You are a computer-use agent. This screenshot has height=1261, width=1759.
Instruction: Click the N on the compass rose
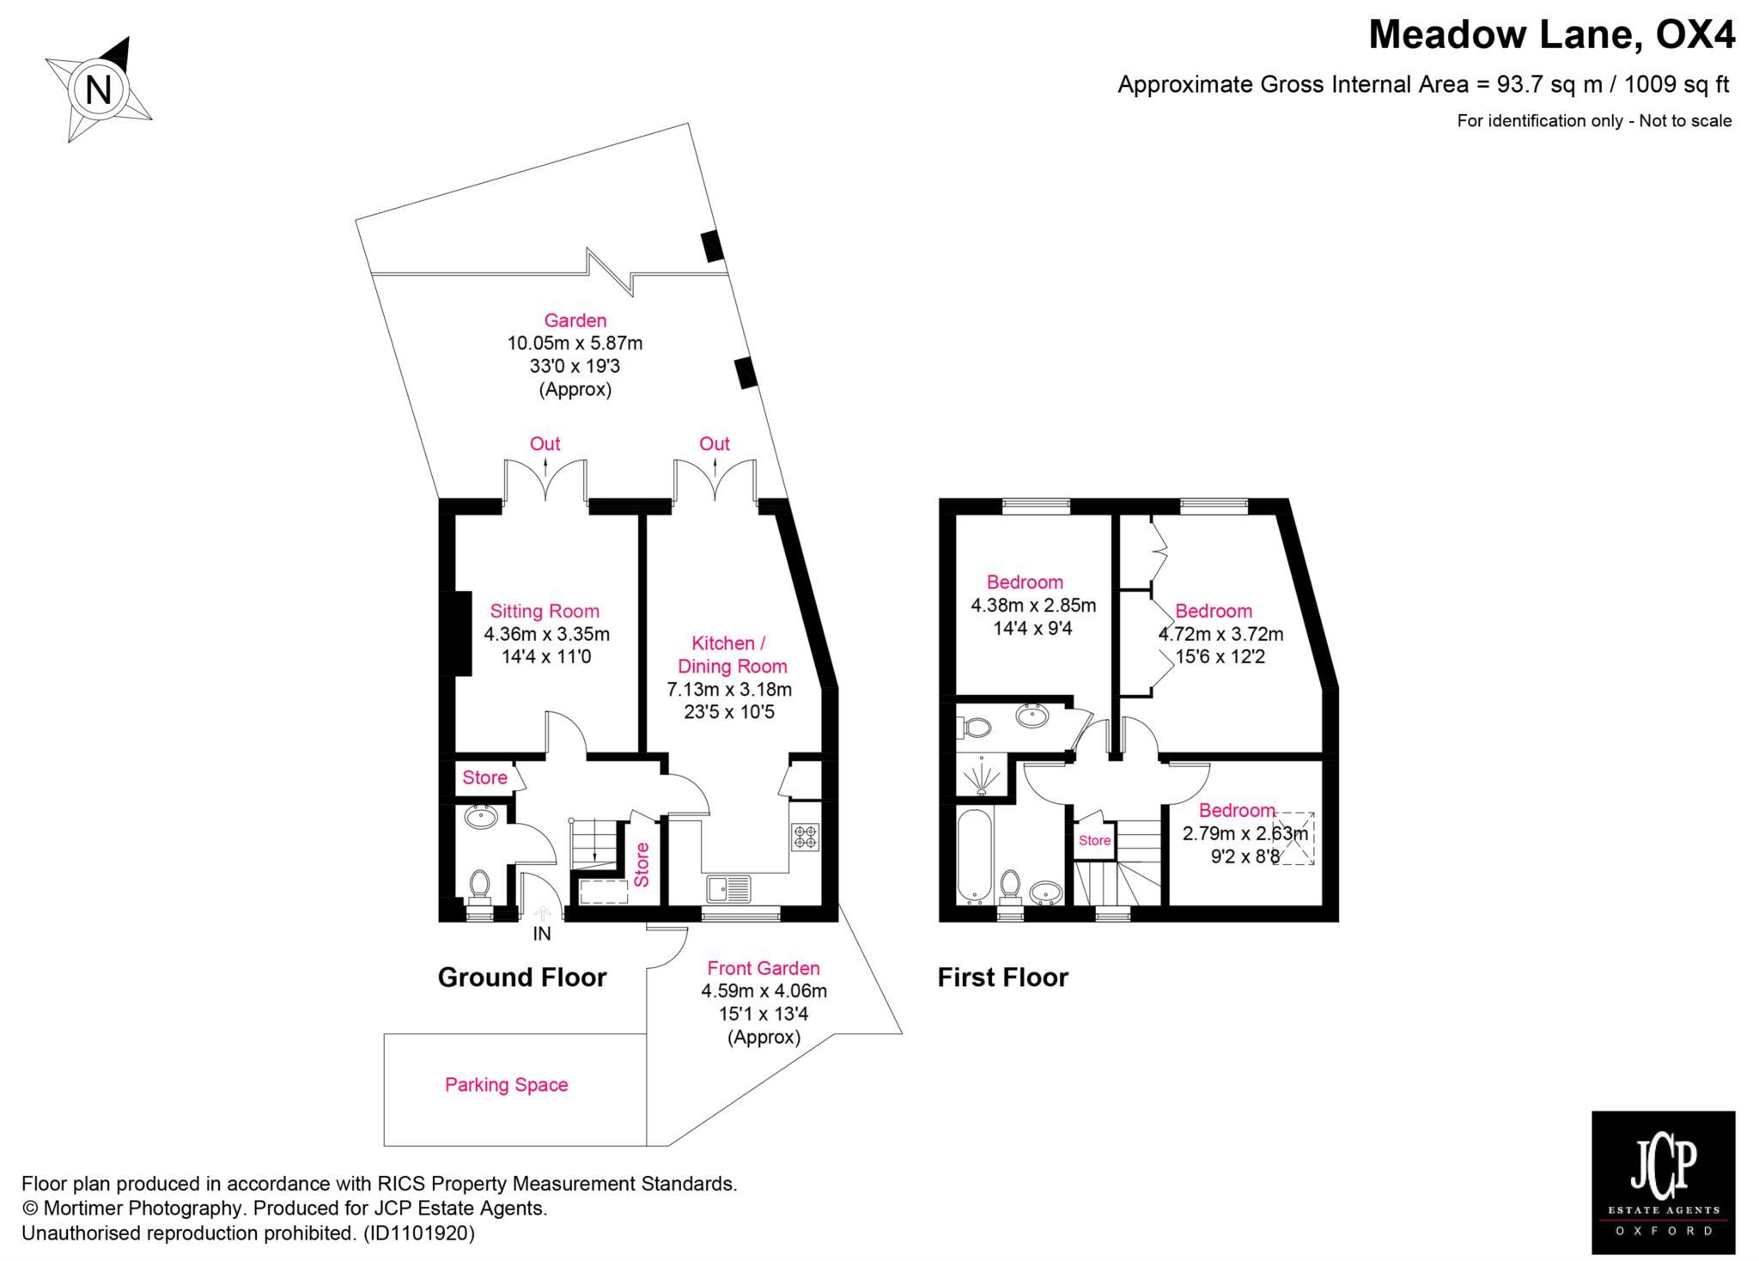pyautogui.click(x=98, y=89)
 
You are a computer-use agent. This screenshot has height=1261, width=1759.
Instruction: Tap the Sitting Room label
pyautogui.click(x=545, y=612)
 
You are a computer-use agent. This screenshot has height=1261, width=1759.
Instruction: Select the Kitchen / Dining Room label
pyautogui.click(x=732, y=655)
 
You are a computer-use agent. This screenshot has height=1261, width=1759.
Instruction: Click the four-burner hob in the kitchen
pyautogui.click(x=806, y=837)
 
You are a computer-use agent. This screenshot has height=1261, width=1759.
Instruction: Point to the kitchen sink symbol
pyautogui.click(x=728, y=889)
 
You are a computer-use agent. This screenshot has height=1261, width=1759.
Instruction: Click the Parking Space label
pyautogui.click(x=507, y=1085)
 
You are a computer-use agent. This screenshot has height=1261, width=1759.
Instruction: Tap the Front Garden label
pyautogui.click(x=764, y=968)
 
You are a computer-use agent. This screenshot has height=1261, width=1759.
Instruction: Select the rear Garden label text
pyautogui.click(x=575, y=320)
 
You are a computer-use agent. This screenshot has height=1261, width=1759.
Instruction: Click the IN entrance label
pyautogui.click(x=542, y=934)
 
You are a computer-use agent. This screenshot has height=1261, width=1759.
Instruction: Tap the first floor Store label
pyautogui.click(x=1094, y=840)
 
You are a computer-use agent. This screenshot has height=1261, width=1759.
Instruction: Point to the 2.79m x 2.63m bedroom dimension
pyautogui.click(x=1245, y=833)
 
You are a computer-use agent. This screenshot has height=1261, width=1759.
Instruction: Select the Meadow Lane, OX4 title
pyautogui.click(x=1552, y=35)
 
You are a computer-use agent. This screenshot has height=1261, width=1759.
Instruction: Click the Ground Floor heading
pyautogui.click(x=522, y=978)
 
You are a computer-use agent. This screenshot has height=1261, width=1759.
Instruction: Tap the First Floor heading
pyautogui.click(x=1003, y=978)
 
